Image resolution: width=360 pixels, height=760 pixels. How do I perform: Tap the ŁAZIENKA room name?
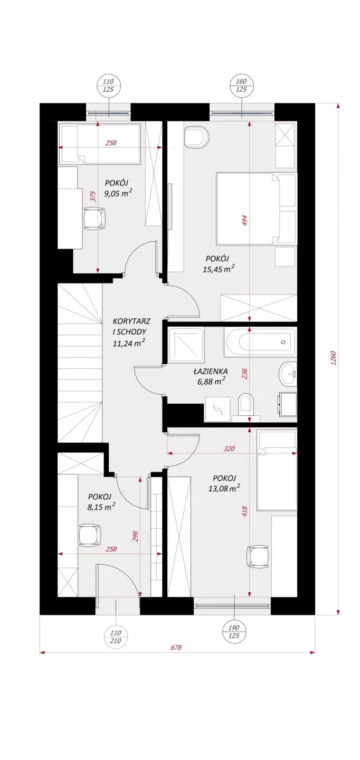(211, 371)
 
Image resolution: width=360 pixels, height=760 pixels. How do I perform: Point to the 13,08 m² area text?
(224, 489)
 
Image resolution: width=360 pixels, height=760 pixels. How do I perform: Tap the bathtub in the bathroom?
(260, 342)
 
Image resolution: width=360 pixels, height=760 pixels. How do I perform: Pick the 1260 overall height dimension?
(334, 358)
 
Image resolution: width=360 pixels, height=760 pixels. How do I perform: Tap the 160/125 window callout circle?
(241, 85)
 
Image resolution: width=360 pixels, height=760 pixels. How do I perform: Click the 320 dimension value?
(230, 449)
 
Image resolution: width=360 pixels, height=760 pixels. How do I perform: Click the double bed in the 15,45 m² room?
(257, 208)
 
